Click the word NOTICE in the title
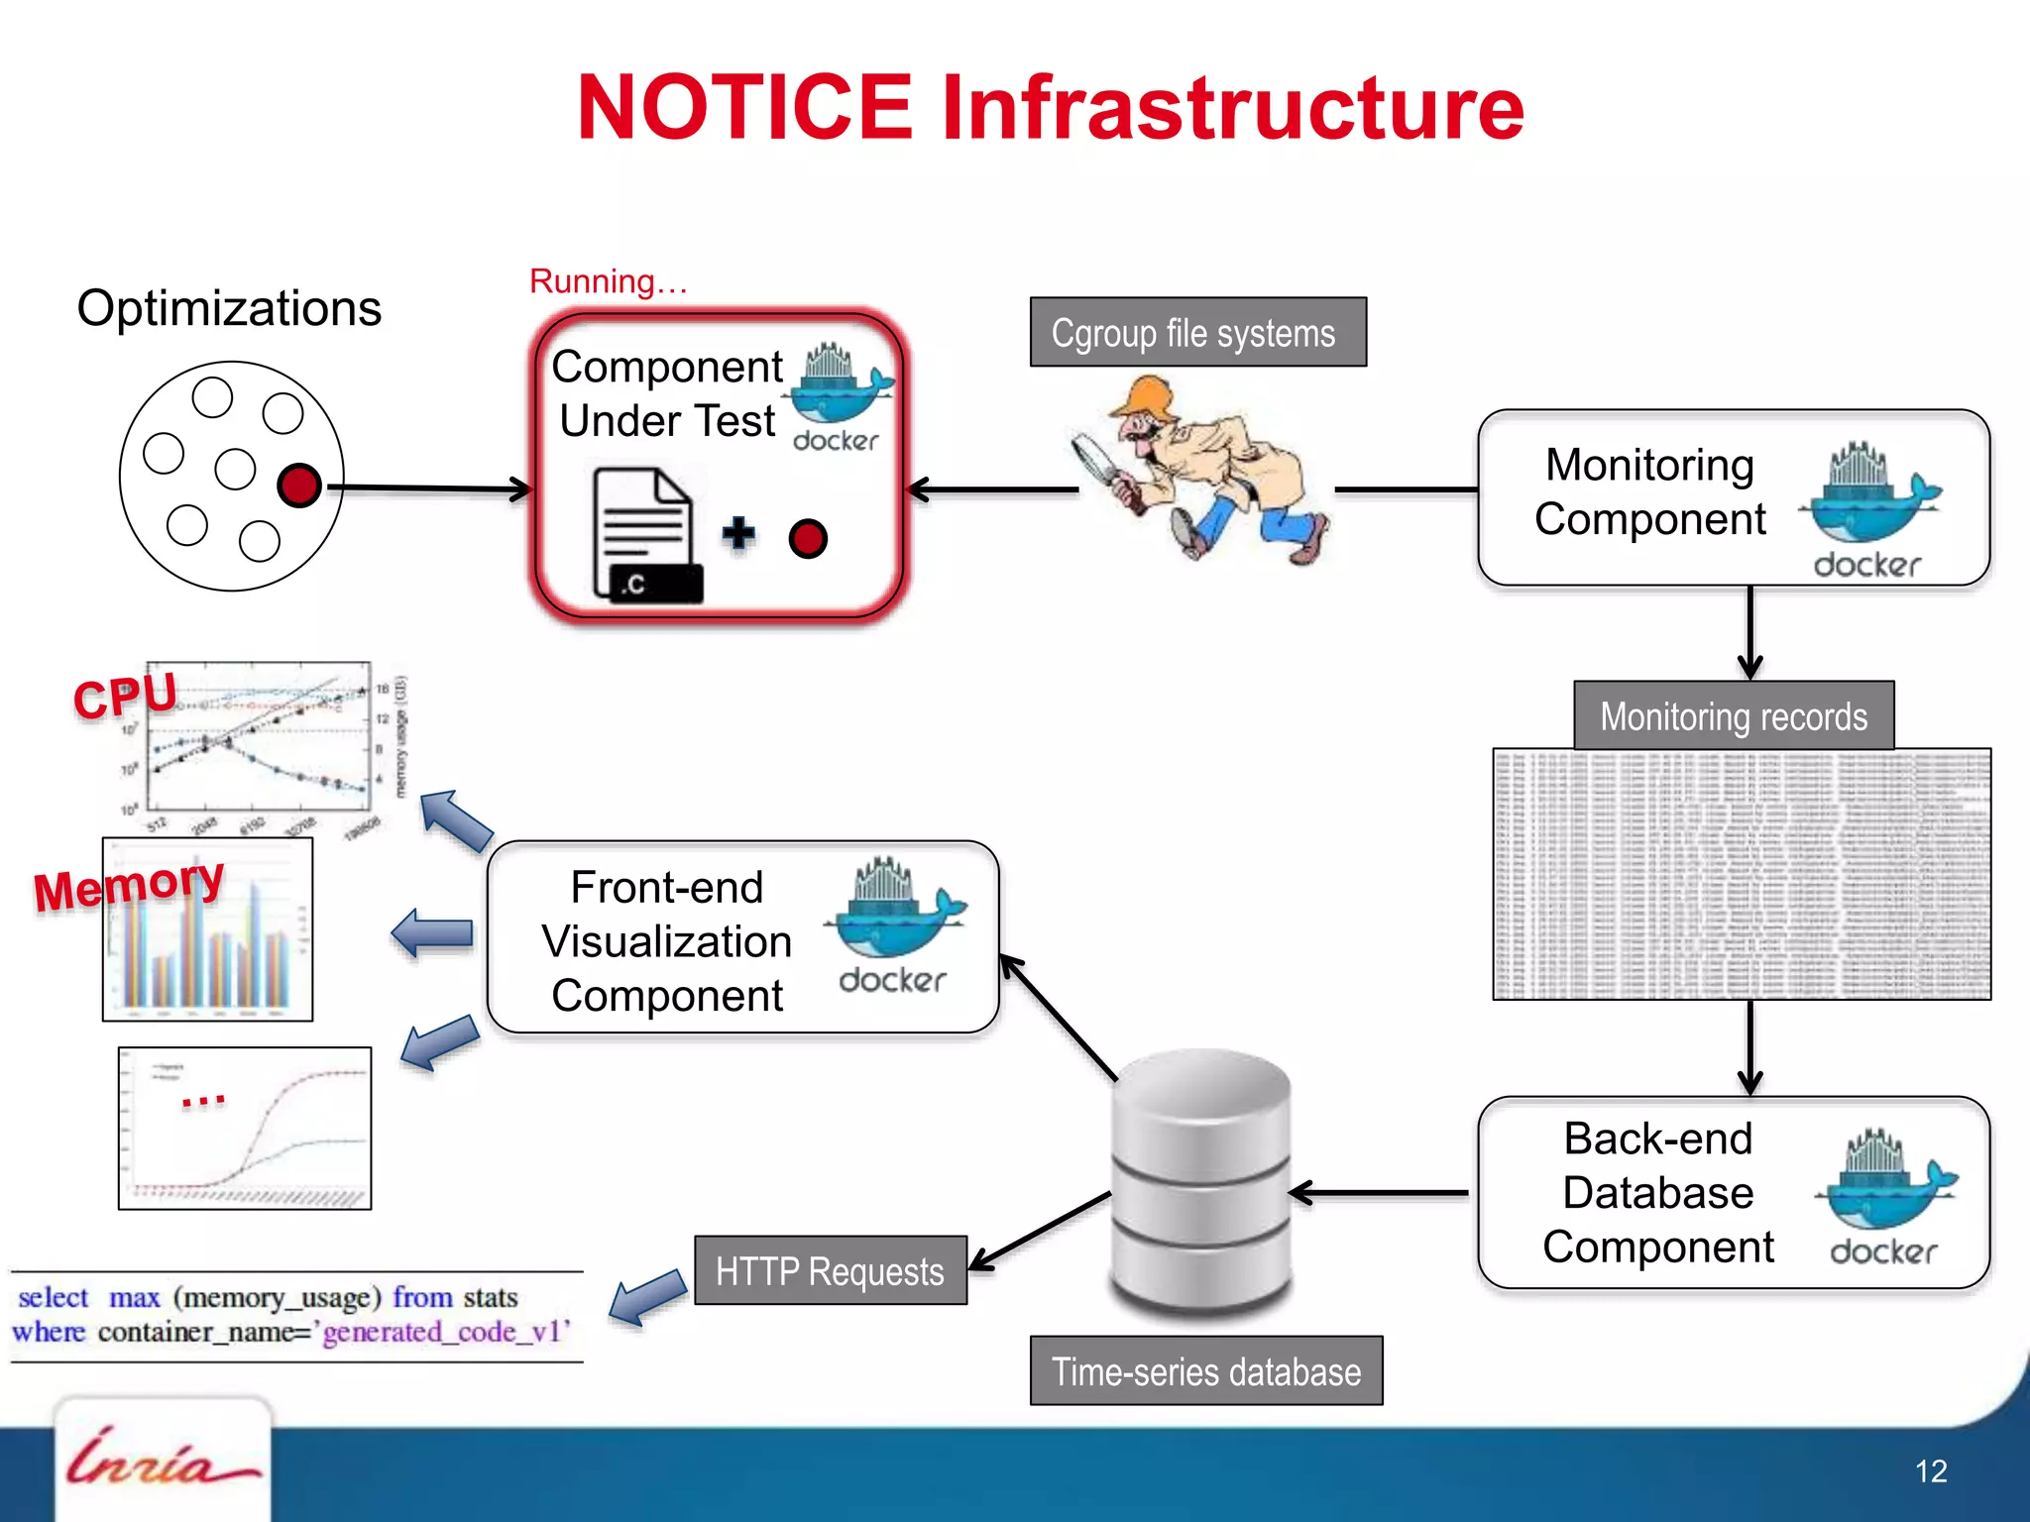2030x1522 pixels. point(744,108)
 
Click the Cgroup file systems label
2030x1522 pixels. point(1197,333)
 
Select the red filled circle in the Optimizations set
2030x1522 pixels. point(299,486)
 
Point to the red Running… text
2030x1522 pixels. point(608,281)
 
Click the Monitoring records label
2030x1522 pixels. point(1733,716)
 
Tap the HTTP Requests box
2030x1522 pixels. point(830,1271)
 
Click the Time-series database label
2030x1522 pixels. point(1205,1371)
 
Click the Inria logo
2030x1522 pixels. point(162,1459)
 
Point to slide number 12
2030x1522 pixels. point(1930,1470)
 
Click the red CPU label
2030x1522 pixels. point(125,696)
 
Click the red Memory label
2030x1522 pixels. point(129,885)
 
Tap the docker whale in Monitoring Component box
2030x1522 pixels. point(1869,495)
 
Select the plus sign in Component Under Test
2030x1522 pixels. point(738,533)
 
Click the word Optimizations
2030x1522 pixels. point(229,308)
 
